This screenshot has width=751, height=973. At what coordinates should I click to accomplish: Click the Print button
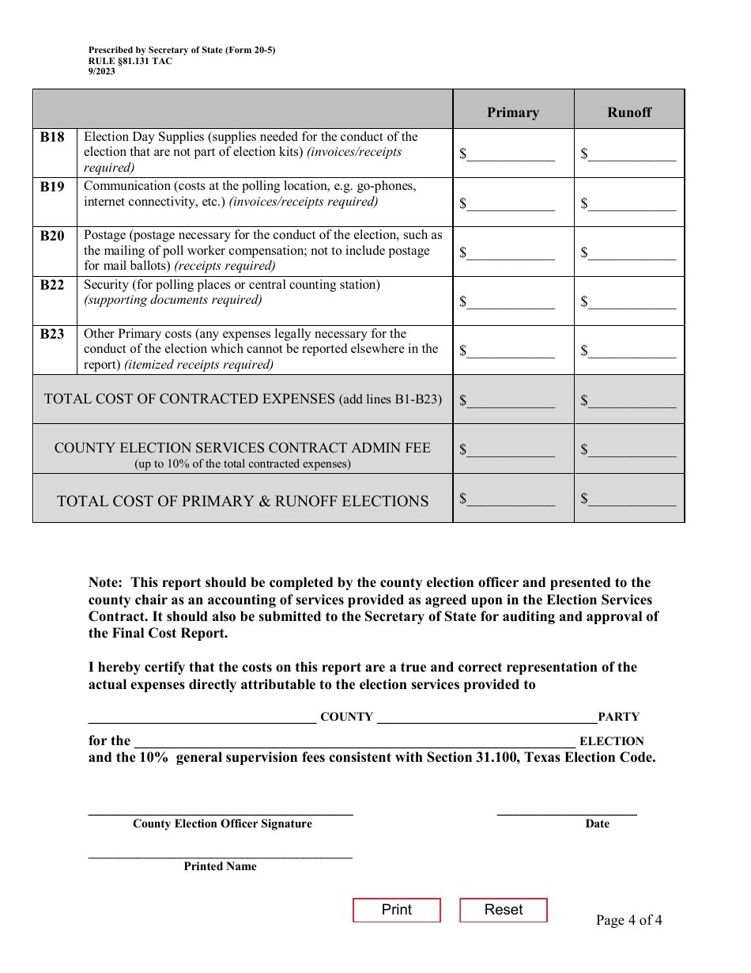(396, 910)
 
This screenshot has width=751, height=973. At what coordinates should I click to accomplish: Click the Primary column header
(512, 112)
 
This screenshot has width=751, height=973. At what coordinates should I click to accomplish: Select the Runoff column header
(629, 112)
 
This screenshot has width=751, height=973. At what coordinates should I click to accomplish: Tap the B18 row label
(52, 137)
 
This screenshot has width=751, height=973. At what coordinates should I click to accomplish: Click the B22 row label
(52, 285)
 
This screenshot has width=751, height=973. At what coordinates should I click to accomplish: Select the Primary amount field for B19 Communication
(511, 203)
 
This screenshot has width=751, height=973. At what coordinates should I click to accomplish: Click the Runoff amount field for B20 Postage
(632, 252)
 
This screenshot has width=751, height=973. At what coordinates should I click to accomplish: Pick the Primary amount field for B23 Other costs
(511, 350)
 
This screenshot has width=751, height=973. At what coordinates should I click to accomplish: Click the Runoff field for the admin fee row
(632, 449)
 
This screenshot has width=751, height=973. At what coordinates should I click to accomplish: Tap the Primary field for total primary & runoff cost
(511, 498)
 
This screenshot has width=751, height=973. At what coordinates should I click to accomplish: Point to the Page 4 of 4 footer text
(628, 920)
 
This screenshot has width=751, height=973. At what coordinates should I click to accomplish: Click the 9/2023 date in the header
(102, 71)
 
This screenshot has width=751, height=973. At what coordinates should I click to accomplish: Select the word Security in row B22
(106, 285)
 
